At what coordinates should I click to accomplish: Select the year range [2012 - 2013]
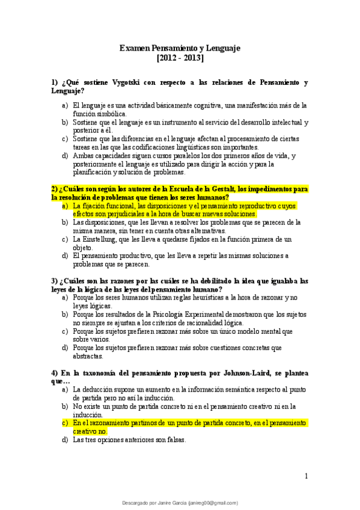180,58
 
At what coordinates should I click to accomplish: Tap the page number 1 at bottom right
306,476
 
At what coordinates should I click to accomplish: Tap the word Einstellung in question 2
104,239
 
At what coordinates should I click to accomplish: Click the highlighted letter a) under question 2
65,205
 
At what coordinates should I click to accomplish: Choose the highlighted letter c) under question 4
65,423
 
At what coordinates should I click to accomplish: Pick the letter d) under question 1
65,156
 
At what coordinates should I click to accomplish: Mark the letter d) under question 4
65,440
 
